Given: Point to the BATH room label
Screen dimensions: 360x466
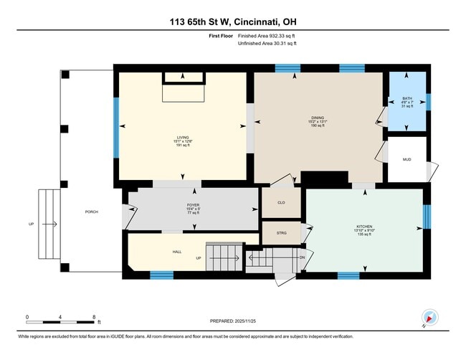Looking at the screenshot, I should pyautogui.click(x=407, y=98).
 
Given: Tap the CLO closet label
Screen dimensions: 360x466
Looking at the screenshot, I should pyautogui.click(x=281, y=203).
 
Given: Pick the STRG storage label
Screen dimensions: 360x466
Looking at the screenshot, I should pyautogui.click(x=281, y=232).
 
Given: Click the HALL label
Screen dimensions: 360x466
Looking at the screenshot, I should pyautogui.click(x=176, y=252).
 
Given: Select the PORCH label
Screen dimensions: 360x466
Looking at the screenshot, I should pyautogui.click(x=91, y=212).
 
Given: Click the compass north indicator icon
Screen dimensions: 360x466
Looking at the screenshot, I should pyautogui.click(x=430, y=316).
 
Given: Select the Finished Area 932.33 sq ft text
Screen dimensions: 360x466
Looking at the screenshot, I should pyautogui.click(x=266, y=35).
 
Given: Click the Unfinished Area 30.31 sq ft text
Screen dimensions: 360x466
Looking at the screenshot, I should pyautogui.click(x=267, y=43).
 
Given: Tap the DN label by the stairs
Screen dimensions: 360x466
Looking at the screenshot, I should pyautogui.click(x=302, y=257).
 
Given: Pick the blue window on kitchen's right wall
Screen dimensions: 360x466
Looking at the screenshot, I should pyautogui.click(x=426, y=216).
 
